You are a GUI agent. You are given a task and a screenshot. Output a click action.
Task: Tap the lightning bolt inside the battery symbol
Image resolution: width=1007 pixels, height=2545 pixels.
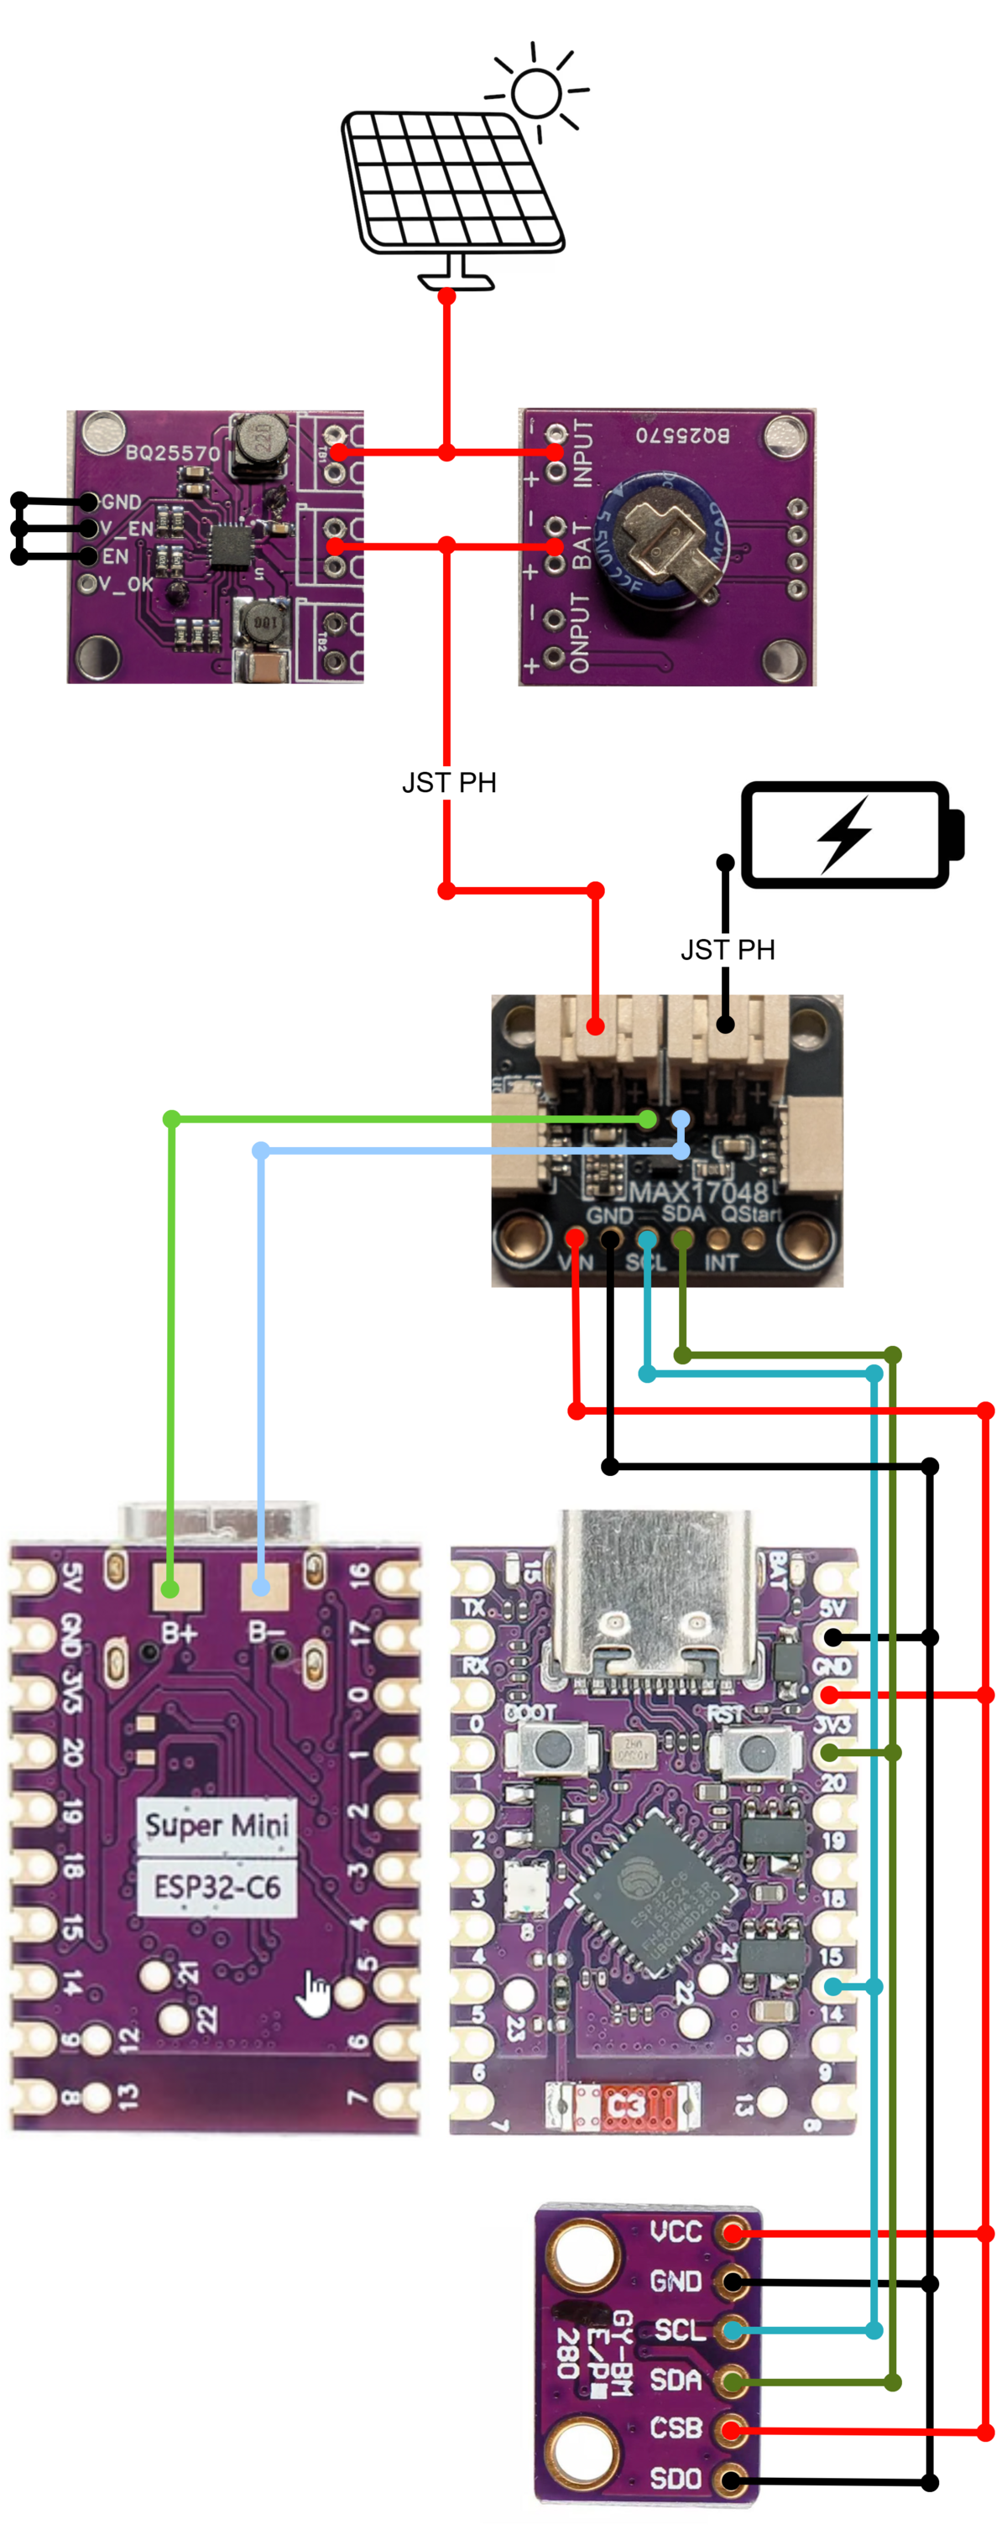[844, 835]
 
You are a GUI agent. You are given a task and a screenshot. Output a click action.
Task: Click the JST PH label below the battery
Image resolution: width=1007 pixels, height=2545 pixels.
[728, 949]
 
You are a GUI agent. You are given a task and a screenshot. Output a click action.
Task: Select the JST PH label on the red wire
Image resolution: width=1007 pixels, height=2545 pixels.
[449, 783]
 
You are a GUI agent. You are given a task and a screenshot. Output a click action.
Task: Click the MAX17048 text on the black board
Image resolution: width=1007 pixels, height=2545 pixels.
[697, 1192]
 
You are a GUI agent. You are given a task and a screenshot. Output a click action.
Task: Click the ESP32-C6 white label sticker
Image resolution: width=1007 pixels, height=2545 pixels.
[217, 1887]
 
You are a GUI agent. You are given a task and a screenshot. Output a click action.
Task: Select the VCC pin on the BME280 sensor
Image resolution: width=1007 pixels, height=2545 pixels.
[733, 2232]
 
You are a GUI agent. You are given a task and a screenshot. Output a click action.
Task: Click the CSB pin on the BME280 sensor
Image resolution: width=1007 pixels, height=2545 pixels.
[733, 2429]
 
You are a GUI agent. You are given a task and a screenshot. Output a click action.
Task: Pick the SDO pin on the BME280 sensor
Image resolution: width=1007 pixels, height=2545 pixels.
[733, 2479]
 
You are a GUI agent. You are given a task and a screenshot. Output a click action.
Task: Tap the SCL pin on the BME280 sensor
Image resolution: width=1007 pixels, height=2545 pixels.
[733, 2331]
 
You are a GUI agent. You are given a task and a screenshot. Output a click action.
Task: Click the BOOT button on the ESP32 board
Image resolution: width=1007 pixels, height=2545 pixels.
[546, 1750]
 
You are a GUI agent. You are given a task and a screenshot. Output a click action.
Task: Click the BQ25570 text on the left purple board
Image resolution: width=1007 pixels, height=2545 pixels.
[173, 453]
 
